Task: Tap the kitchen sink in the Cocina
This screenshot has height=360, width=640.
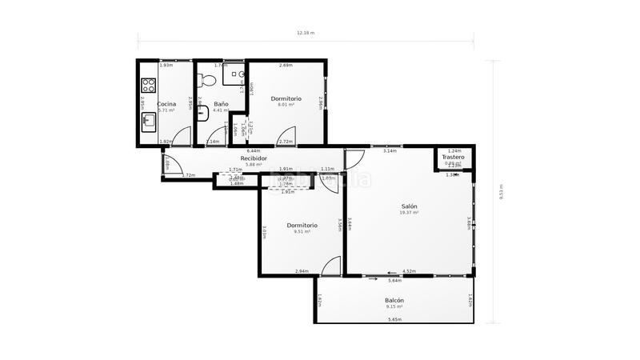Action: pos(148,122)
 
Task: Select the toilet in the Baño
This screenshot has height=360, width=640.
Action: pos(206,81)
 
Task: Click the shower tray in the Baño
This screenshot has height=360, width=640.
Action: pos(237,76)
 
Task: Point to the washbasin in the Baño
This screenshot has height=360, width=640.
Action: pos(202,114)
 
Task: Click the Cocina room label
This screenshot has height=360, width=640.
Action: pos(166,104)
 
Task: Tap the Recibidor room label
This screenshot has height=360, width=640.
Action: pos(254,158)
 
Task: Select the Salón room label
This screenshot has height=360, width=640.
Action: pos(410,206)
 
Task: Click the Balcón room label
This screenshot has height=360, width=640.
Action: pos(394,300)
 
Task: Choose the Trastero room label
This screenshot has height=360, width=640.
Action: pos(454,158)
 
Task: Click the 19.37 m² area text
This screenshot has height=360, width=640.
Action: pos(410,213)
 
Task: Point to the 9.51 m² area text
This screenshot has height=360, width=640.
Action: pos(302,232)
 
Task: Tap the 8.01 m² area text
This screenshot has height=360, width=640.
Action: pos(286,105)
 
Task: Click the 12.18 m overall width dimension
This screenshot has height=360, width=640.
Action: pos(306,33)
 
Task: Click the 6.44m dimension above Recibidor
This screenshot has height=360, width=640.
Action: pos(254,150)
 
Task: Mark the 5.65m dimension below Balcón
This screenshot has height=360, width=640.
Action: pos(394,320)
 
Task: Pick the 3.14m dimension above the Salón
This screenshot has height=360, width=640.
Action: pos(390,150)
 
